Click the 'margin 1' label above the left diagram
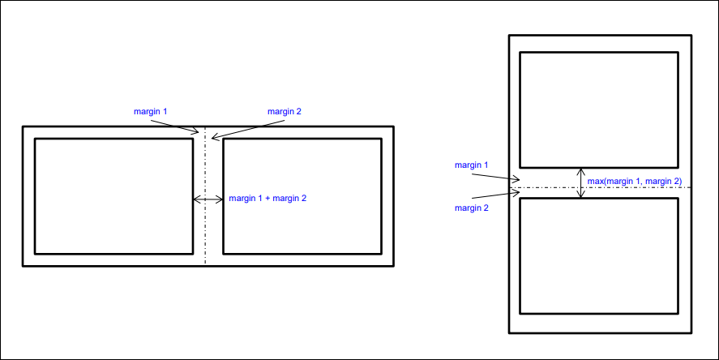151,111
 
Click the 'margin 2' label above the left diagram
285,111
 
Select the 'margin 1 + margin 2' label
267,198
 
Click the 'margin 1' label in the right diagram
472,165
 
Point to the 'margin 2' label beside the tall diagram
472,208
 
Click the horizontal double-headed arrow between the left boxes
208,199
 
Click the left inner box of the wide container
113,196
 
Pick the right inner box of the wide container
302,196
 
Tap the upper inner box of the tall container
598,109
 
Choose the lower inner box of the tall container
598,256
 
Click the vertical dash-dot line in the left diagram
205,235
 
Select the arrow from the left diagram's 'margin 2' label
247,130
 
